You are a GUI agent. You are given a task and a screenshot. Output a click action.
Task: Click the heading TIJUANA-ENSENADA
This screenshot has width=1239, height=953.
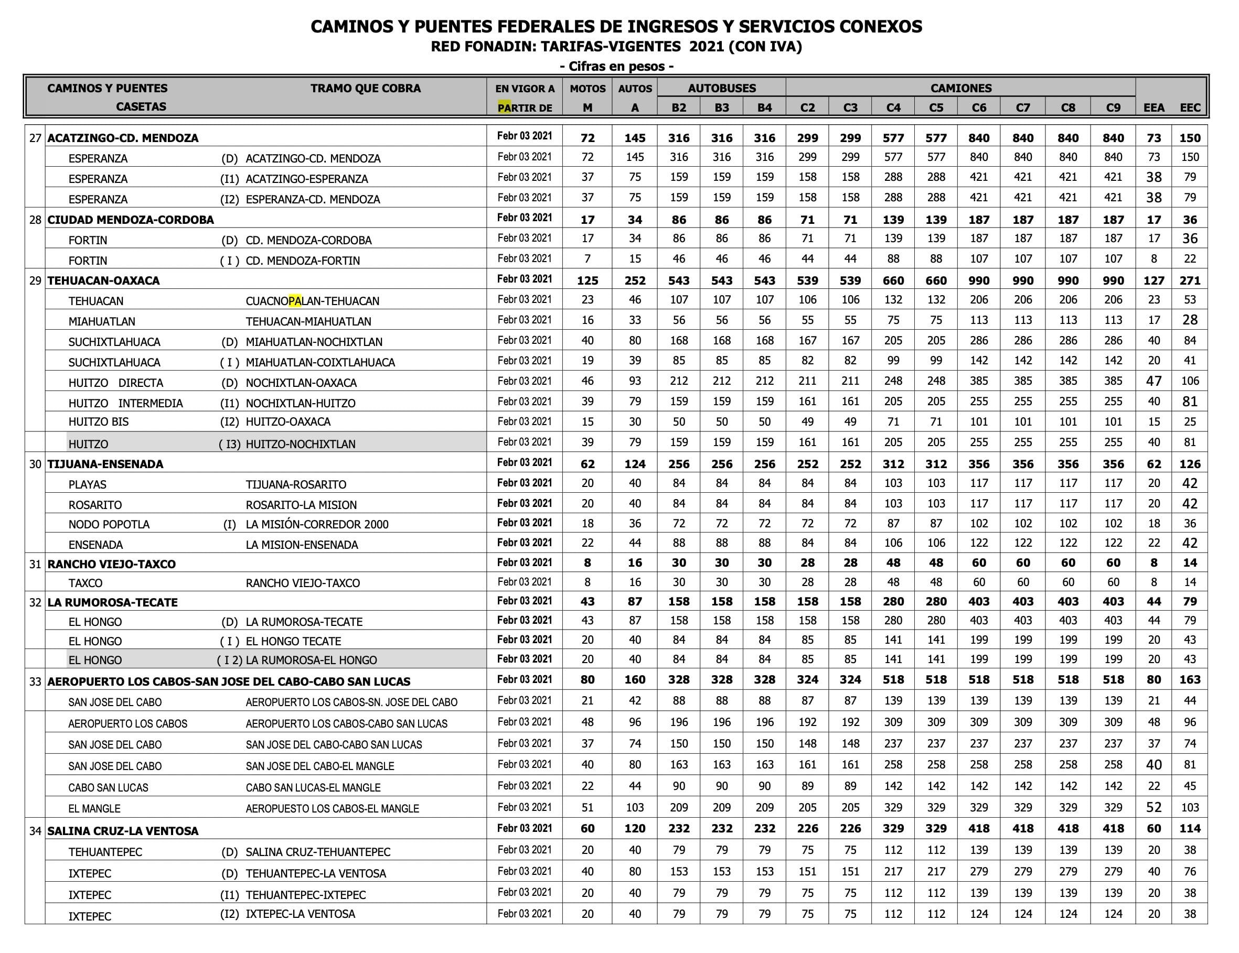click(x=105, y=464)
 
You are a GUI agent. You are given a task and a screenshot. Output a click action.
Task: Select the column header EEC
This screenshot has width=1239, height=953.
click(x=1190, y=107)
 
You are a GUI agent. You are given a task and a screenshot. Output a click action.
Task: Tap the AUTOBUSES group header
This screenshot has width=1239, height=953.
click(x=722, y=88)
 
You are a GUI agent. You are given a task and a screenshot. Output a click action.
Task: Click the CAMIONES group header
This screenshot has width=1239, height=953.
click(x=960, y=88)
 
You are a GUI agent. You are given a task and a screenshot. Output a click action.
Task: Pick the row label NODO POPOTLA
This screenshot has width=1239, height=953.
click(x=109, y=524)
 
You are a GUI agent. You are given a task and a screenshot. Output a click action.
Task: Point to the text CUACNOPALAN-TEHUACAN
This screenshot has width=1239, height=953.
click(x=312, y=301)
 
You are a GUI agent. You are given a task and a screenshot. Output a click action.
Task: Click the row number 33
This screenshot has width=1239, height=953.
click(x=35, y=681)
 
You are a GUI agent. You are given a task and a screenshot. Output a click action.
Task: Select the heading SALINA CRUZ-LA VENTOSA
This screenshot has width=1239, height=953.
click(x=123, y=831)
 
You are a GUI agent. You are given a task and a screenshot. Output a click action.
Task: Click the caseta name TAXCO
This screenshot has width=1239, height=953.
click(x=85, y=583)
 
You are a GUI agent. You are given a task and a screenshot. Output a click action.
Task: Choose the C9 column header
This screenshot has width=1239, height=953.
click(x=1113, y=107)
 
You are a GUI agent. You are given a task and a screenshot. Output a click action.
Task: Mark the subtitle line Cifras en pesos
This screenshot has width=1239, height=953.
click(x=616, y=67)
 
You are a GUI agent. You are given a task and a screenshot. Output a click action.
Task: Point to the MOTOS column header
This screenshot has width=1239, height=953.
click(x=587, y=89)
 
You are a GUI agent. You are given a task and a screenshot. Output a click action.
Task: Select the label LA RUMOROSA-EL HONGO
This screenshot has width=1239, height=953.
click(x=311, y=660)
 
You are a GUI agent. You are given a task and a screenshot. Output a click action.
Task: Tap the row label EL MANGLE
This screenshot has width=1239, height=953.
click(x=94, y=808)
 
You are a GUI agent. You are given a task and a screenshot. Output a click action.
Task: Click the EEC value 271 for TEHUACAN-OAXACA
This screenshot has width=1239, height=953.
click(x=1190, y=280)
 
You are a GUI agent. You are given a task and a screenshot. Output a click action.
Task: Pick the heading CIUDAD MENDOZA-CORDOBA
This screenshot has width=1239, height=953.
click(x=131, y=220)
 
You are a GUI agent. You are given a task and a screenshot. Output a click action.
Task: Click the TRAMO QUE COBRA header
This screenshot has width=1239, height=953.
click(x=365, y=88)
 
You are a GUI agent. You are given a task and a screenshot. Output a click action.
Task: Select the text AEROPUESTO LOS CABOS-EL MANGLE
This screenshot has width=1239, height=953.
click(x=332, y=808)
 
